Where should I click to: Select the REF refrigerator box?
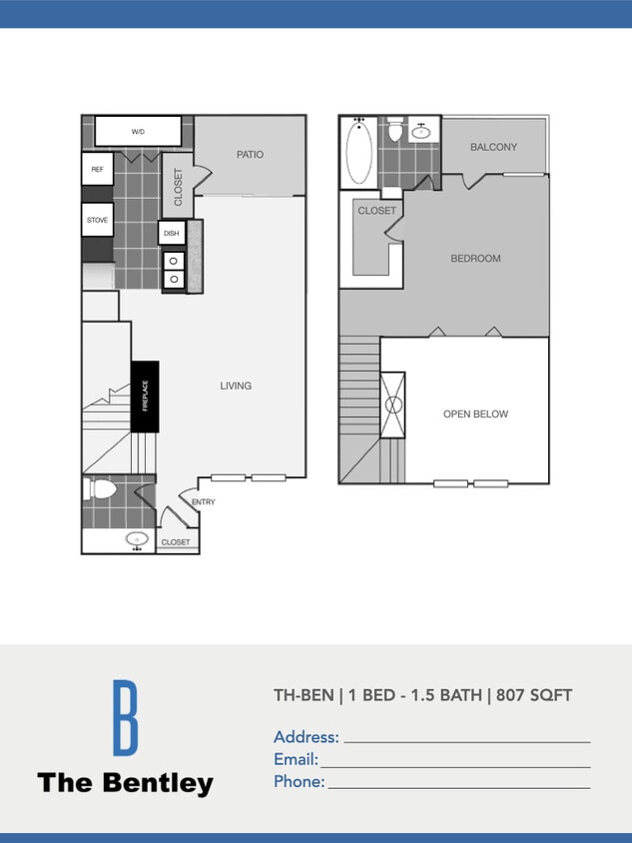97,170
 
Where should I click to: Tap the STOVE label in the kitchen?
97,220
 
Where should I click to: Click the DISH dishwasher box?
172,234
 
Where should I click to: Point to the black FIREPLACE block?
145,396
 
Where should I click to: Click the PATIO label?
250,155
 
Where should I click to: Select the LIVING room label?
236,386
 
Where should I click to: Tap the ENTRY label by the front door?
203,502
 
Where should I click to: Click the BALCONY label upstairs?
493,148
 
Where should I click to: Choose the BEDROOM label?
475,259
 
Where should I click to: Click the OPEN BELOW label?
475,415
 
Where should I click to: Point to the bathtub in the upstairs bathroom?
358,153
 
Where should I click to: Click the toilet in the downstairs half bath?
102,489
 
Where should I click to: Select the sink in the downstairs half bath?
138,540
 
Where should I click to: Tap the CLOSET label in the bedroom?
376,211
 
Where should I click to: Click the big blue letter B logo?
124,717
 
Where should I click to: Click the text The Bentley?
125,783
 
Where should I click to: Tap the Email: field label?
296,759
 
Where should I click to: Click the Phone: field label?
300,781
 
